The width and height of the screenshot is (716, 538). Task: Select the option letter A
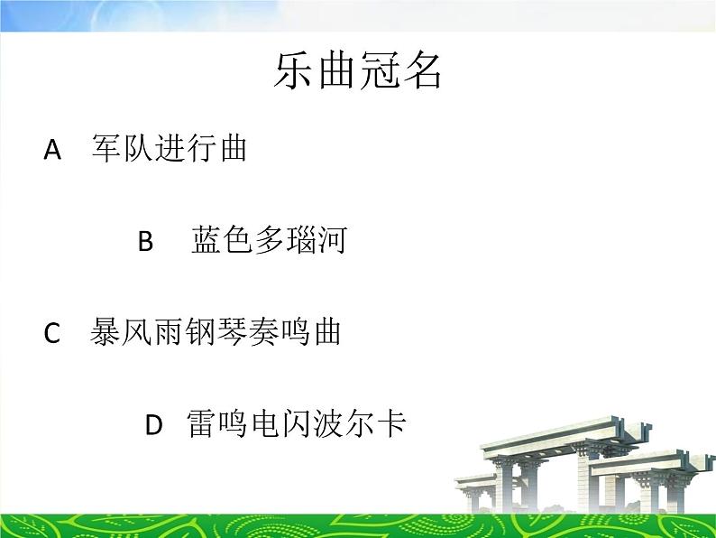pyautogui.click(x=52, y=150)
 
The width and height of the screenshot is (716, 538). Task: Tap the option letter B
pyautogui.click(x=146, y=242)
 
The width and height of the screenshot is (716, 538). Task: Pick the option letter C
pyautogui.click(x=52, y=334)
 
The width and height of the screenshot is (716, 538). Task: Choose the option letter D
pyautogui.click(x=154, y=424)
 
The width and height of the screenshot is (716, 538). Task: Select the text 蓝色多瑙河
pyautogui.click(x=269, y=241)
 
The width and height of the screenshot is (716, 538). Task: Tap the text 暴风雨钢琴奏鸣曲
pyautogui.click(x=216, y=332)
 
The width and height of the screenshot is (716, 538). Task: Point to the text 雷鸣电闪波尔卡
pyautogui.click(x=297, y=423)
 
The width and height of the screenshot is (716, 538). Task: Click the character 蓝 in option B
pyautogui.click(x=207, y=241)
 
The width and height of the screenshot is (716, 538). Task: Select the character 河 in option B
pyautogui.click(x=332, y=241)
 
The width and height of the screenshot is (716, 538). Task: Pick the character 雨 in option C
pyautogui.click(x=169, y=332)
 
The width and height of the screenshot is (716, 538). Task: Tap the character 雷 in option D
pyautogui.click(x=202, y=423)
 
